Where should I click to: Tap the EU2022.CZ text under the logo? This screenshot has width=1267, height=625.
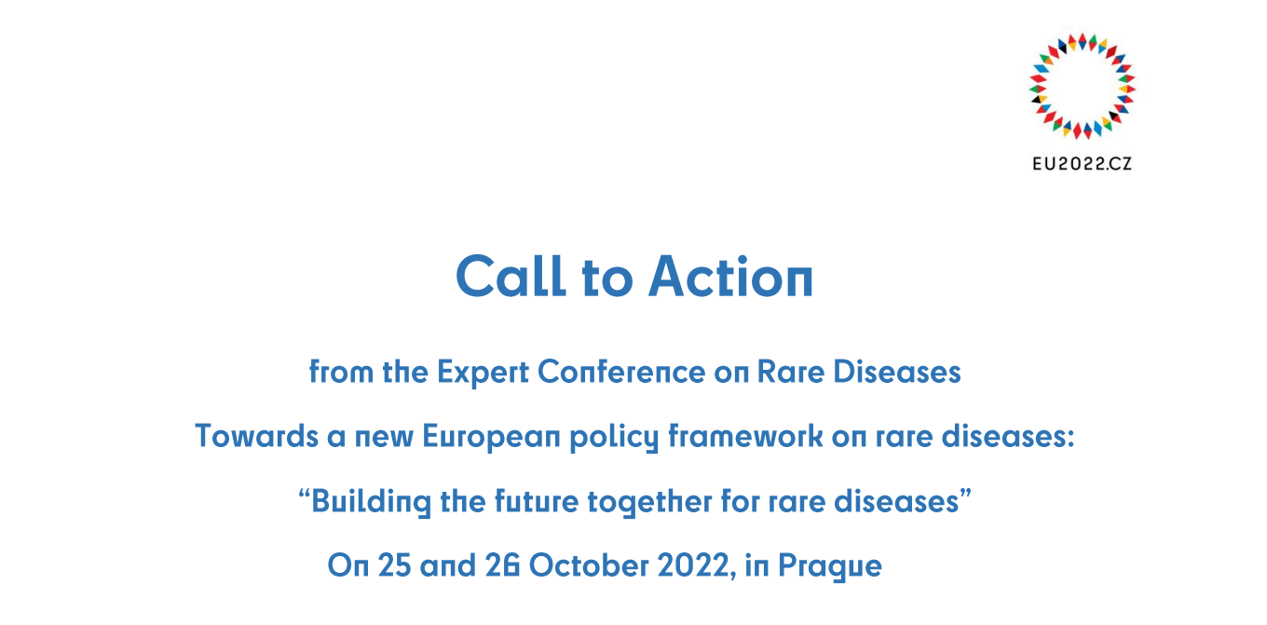click(1082, 164)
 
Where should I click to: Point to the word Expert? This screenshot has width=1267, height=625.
click(483, 373)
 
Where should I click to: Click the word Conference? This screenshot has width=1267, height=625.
click(621, 372)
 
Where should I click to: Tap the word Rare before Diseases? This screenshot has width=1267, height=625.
click(791, 372)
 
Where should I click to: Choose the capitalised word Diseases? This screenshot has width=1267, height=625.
click(897, 372)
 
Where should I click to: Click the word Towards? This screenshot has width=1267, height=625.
click(257, 436)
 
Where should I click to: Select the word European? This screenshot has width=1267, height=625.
click(492, 437)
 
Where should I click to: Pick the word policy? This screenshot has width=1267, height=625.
click(614, 438)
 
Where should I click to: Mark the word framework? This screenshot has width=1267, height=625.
click(745, 436)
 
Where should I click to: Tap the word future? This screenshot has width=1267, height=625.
click(537, 501)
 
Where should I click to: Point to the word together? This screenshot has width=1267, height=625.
click(650, 502)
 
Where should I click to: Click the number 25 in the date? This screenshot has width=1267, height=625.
click(395, 565)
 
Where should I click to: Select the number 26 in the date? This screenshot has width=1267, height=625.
click(502, 565)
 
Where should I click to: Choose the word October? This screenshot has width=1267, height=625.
click(589, 565)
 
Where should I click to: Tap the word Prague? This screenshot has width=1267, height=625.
click(830, 566)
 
